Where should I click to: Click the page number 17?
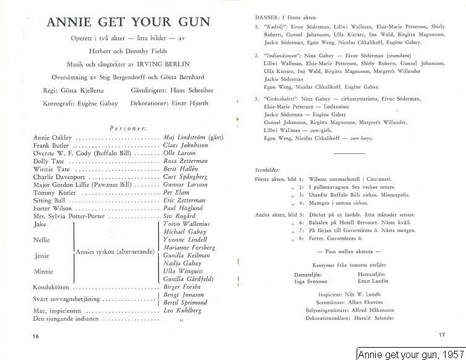(x=441, y=335)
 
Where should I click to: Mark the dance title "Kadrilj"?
(x=276, y=27)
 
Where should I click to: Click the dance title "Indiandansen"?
(x=282, y=55)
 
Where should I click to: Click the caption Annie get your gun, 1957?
(x=410, y=354)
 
